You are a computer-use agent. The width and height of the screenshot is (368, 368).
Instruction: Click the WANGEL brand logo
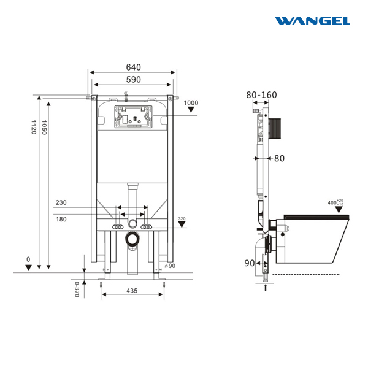(312, 21)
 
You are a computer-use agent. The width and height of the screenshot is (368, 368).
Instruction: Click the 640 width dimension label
(134, 67)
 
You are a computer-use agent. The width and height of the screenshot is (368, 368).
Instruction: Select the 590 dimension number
(134, 80)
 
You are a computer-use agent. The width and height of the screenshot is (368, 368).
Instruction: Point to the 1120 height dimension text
(34, 128)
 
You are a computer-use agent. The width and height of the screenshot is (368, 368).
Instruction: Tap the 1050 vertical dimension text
(44, 128)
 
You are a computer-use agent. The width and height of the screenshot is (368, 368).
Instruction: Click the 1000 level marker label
(191, 103)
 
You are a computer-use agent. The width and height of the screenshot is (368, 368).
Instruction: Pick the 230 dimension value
(61, 202)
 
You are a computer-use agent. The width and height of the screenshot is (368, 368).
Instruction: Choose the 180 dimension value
(61, 219)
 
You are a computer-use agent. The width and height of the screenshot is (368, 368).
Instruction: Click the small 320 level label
(182, 219)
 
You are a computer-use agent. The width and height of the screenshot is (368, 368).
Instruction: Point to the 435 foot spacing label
(132, 291)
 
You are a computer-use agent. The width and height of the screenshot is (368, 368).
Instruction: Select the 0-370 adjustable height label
(77, 289)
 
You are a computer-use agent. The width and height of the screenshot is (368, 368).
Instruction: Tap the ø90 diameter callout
(170, 266)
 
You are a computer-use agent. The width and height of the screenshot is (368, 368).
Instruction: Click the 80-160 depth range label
(261, 95)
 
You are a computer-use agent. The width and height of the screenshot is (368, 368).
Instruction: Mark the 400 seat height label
(335, 202)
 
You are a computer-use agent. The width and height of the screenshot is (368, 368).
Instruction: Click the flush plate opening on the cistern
(133, 117)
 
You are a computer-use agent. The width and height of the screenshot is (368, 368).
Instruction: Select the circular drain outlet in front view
(132, 239)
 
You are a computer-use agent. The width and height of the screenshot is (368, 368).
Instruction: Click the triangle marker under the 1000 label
(191, 109)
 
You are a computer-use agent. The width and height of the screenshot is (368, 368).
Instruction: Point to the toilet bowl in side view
(312, 239)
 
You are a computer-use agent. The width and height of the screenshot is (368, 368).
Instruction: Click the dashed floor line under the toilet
(306, 274)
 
